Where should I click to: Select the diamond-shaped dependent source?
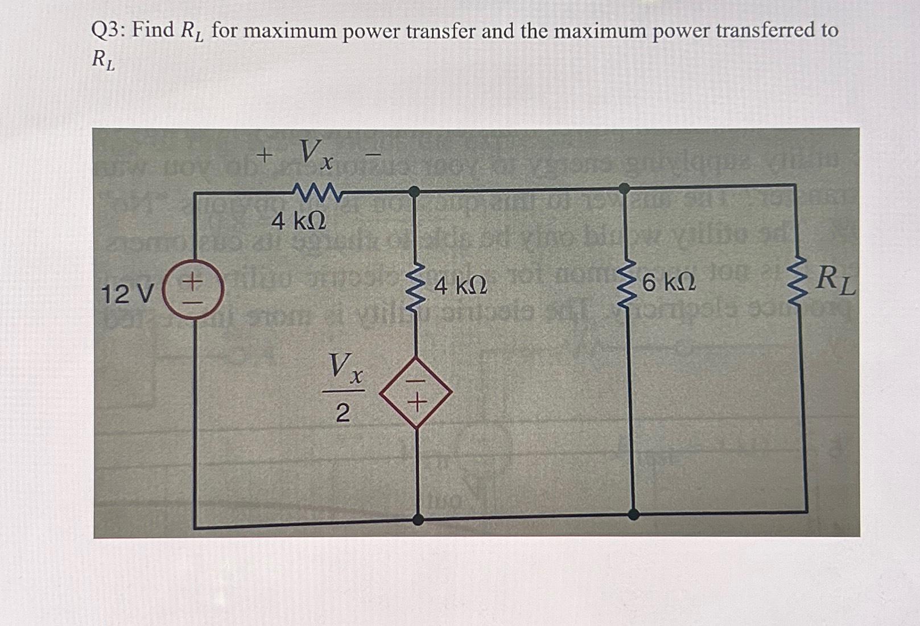[x=416, y=392]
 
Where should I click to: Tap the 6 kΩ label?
[x=669, y=283]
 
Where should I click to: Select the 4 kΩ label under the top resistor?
[x=299, y=221]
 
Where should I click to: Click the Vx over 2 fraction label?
[x=343, y=387]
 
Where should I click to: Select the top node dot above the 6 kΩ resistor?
[x=624, y=188]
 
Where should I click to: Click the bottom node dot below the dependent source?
[x=418, y=518]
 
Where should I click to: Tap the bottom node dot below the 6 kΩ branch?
[x=633, y=514]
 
